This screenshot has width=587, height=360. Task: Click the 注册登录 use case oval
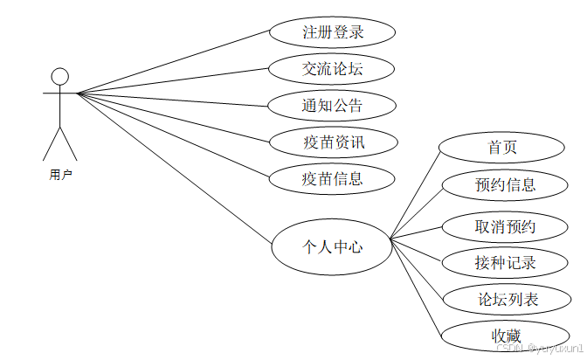332,33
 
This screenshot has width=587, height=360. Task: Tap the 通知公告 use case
332,107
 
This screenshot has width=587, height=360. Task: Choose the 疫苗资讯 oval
332,142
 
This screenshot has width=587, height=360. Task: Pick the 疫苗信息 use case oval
332,179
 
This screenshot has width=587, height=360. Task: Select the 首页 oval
501,147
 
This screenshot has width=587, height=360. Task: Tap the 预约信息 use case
505,184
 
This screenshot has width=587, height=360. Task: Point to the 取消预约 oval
505,226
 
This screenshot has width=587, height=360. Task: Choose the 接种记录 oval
505,262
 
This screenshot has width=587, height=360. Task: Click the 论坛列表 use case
508,300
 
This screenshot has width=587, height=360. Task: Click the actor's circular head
59,77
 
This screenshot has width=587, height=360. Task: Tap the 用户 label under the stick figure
60,175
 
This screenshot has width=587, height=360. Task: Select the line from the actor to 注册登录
175,62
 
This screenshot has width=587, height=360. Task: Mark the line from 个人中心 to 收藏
416,287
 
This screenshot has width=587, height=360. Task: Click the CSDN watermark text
532,347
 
